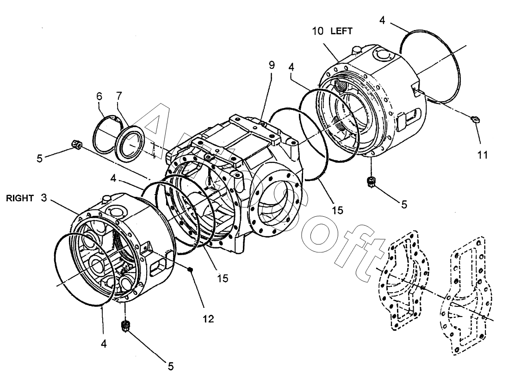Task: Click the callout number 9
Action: [x=271, y=65]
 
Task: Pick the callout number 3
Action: [x=44, y=198]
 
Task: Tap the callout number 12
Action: [x=208, y=318]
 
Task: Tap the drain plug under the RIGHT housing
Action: [x=124, y=327]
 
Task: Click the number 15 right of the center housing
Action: [x=337, y=210]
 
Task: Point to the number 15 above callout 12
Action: [x=223, y=279]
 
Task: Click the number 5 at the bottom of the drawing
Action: [x=170, y=367]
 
